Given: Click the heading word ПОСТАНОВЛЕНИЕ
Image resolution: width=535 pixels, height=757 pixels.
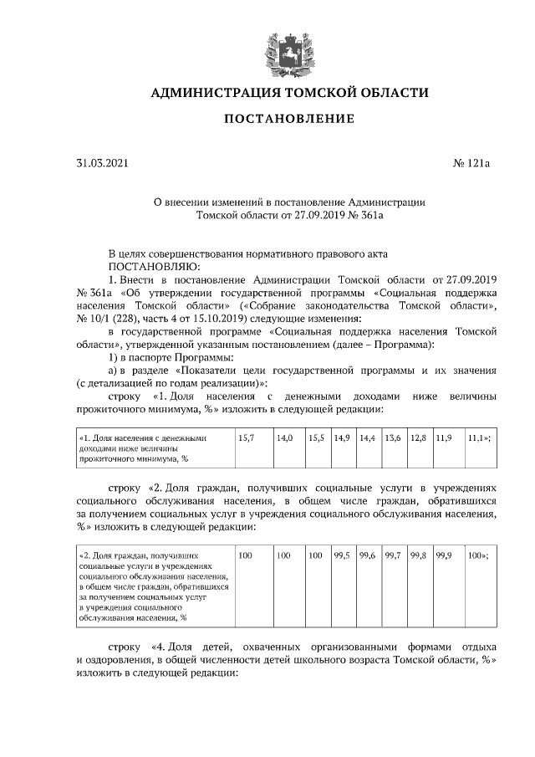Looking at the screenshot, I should coord(288,119).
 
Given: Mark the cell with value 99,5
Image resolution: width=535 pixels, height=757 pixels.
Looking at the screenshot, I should coord(341,555).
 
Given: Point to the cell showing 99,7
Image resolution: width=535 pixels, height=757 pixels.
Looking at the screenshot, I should coord(392,555).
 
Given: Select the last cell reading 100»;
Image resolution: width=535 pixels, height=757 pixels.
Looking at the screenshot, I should coord(477,555).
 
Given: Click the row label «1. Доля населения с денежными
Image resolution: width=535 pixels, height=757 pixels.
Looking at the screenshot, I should coord(142,438).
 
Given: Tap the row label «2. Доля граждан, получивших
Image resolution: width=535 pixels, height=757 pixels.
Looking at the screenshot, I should coord(138,555).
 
